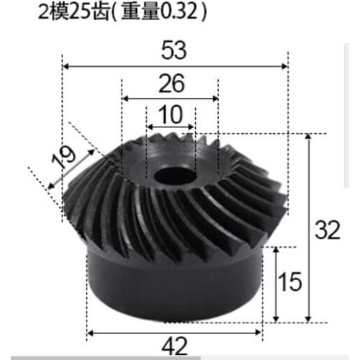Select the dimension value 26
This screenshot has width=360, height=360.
tap(170, 84)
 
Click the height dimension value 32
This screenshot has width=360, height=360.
tap(328, 231)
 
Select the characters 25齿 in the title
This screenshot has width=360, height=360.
tap(88, 12)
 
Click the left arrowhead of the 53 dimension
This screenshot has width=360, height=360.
tap(66, 66)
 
